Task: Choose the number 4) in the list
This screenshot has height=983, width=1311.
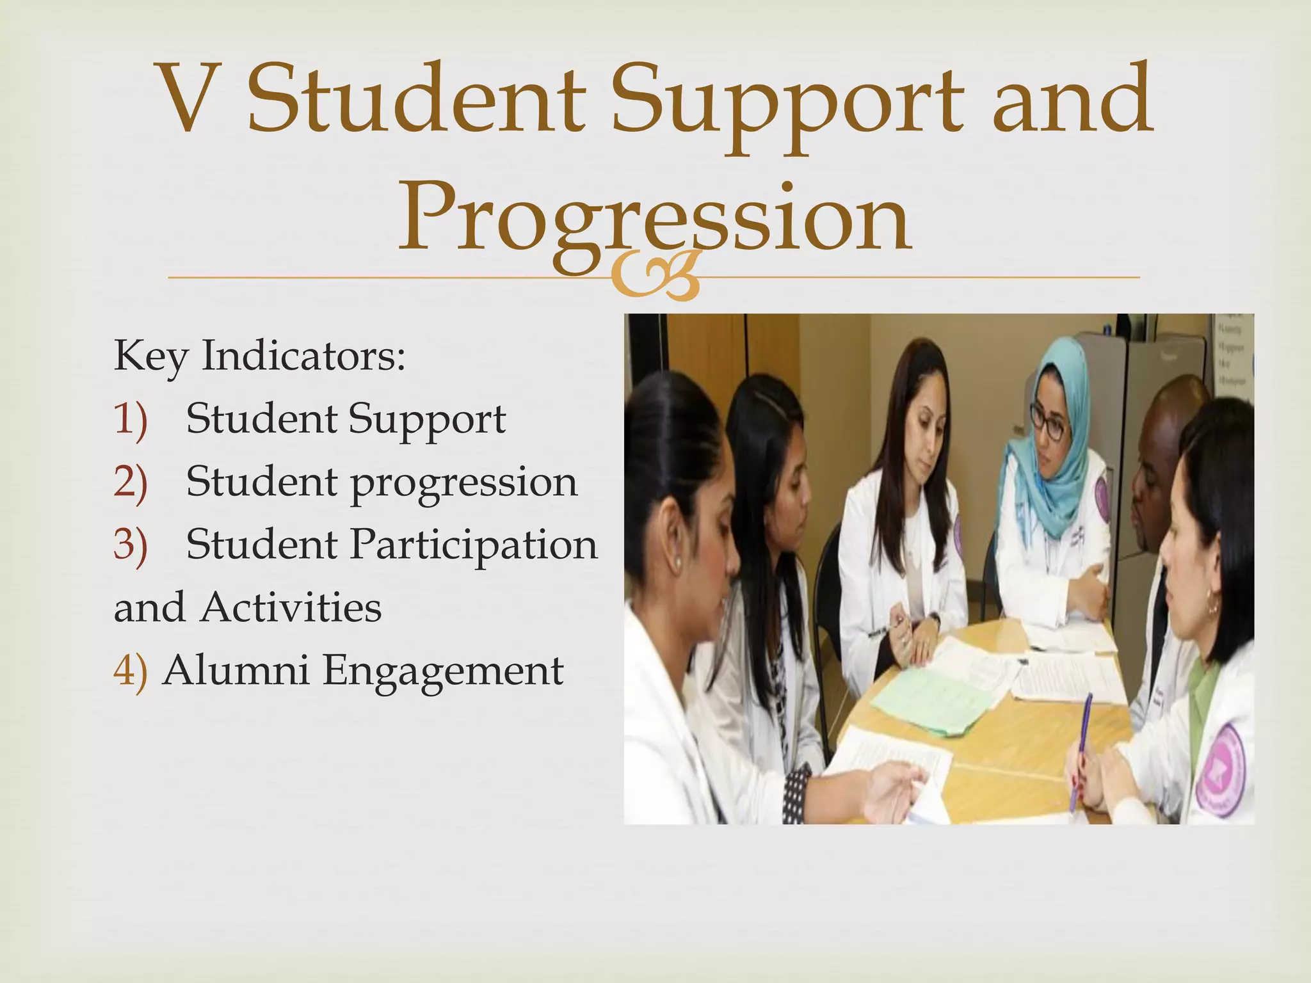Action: click(130, 670)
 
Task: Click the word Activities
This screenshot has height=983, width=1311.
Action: click(291, 607)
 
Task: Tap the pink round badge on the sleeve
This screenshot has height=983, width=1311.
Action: click(1219, 768)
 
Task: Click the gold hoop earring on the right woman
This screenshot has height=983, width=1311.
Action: click(1212, 605)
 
